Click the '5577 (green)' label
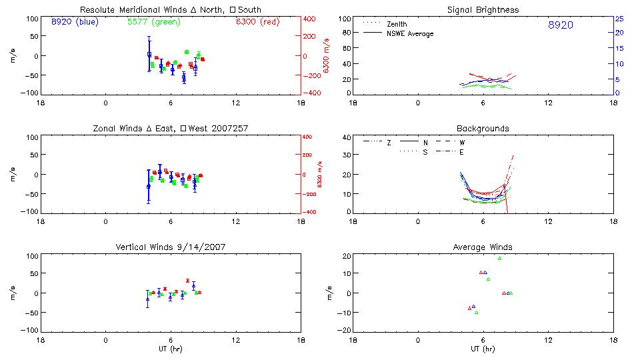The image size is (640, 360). click(x=153, y=21)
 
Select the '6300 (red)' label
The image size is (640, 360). click(x=257, y=21)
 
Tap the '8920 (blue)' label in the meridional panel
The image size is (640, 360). click(x=74, y=21)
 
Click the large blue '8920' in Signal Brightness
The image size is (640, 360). click(x=560, y=25)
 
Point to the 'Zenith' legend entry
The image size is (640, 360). click(x=397, y=24)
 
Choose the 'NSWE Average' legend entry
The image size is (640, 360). click(x=410, y=33)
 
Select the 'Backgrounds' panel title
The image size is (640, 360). click(x=483, y=128)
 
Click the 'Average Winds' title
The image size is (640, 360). click(x=483, y=247)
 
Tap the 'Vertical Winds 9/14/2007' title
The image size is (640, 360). click(x=170, y=247)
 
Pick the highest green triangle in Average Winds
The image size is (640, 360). click(x=499, y=258)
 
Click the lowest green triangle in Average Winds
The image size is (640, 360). click(x=477, y=312)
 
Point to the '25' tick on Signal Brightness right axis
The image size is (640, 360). click(x=619, y=19)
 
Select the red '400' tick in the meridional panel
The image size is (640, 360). click(x=310, y=19)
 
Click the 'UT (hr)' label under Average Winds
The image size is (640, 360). click(x=483, y=349)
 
